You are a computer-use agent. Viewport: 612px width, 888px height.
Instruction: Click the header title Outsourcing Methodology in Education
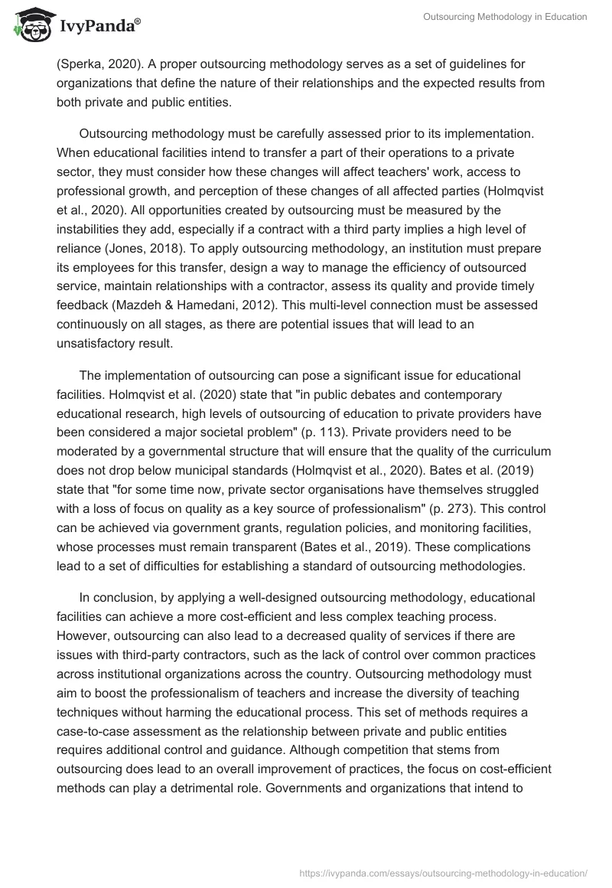(505, 17)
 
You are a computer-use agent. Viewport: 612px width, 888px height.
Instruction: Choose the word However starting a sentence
(82, 637)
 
